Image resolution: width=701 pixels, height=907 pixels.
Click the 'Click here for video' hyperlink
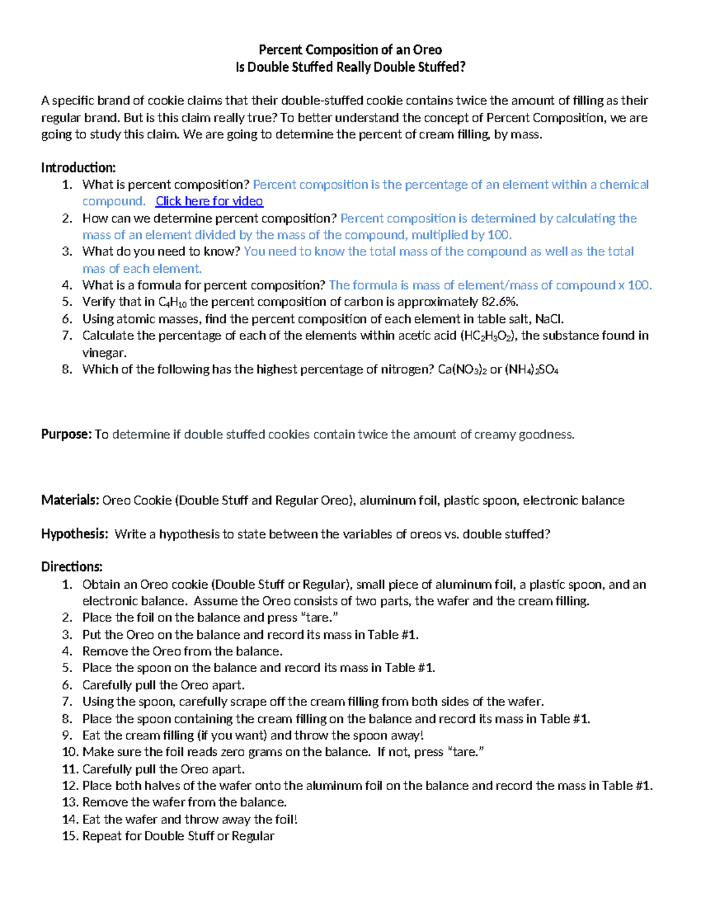tap(209, 201)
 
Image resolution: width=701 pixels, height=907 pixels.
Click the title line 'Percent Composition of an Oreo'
tap(350, 50)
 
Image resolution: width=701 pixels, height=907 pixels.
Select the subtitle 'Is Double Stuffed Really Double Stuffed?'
tap(350, 67)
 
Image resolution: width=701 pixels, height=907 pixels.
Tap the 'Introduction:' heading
tap(78, 168)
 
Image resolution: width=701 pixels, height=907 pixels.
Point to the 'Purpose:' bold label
tap(66, 435)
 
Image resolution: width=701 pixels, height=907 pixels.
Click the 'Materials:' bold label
tap(70, 501)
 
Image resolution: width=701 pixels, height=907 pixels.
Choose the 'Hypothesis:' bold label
tap(74, 534)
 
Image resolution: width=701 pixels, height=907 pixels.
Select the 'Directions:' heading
tap(72, 567)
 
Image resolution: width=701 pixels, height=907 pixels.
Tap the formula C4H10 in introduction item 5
tap(173, 303)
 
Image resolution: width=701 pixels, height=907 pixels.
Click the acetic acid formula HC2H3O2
tap(488, 336)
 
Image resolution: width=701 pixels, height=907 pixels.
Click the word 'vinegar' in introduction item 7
tap(104, 353)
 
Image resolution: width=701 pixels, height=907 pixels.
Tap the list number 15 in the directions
tap(70, 836)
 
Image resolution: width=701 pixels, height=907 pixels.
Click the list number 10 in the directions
tap(70, 752)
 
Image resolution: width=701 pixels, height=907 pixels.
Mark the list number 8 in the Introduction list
tap(67, 369)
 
